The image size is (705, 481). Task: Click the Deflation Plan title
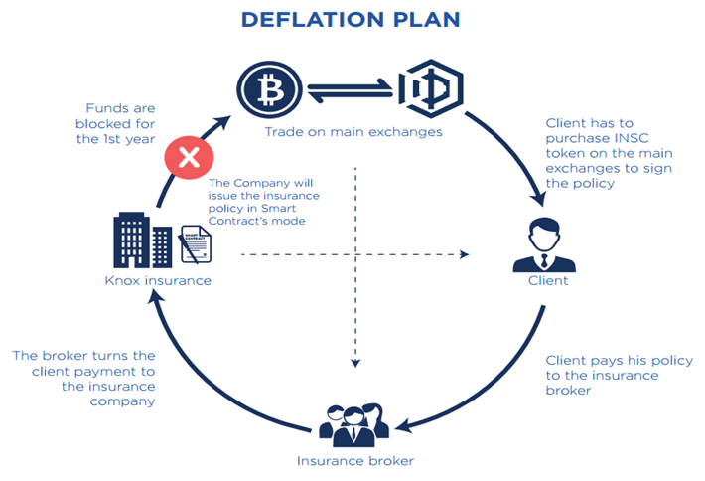352,20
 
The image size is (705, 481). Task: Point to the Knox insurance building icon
136,240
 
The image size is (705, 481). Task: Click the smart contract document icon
196,244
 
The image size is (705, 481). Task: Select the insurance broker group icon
352,422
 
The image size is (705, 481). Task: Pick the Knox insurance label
158,281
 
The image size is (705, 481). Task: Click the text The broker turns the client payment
83,379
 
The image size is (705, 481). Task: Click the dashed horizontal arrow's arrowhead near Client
466,255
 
